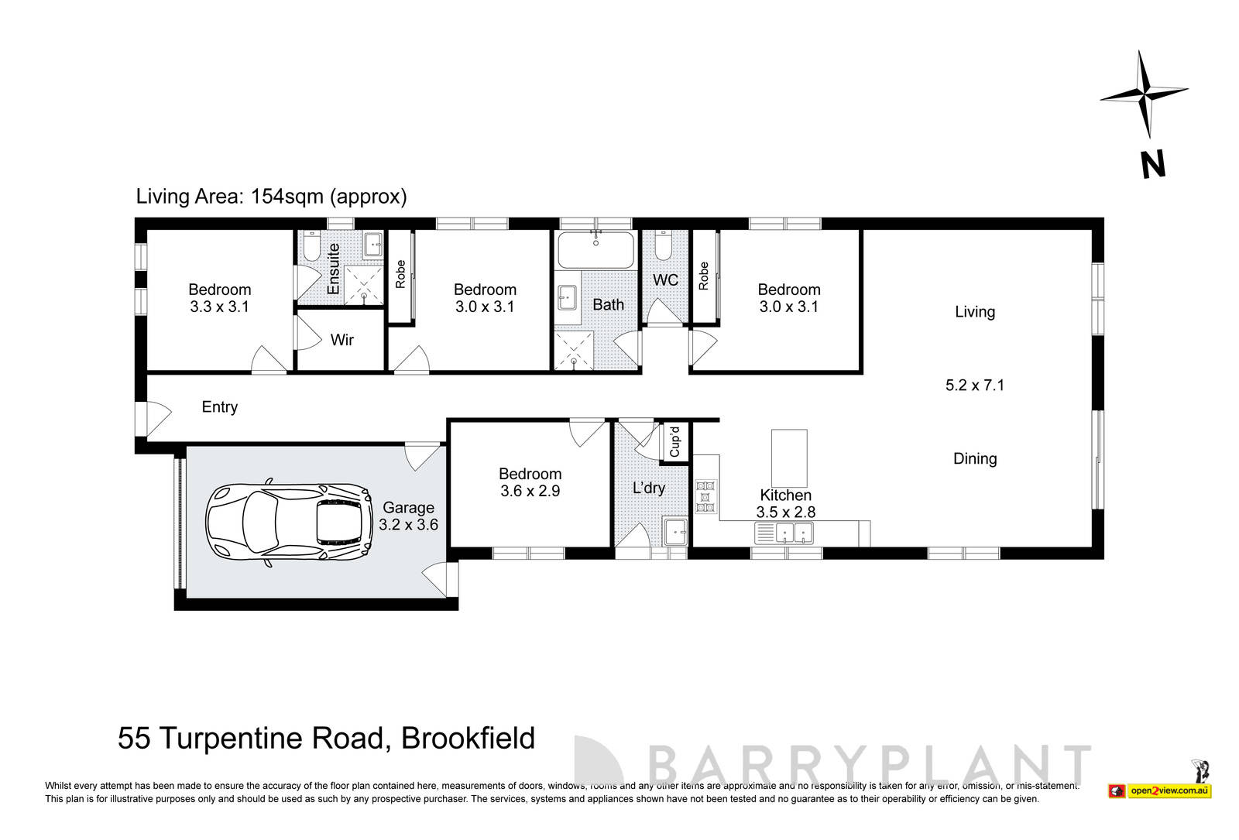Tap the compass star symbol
(x=1144, y=94)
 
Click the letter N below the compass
(x=1152, y=165)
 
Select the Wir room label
(x=341, y=340)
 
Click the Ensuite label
(x=334, y=269)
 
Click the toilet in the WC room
(x=663, y=246)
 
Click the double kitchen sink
(x=794, y=533)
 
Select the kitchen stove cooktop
(x=705, y=497)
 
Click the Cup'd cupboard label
(x=674, y=441)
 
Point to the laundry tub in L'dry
(x=675, y=532)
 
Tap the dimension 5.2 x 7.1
(x=974, y=385)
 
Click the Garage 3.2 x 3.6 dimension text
(x=408, y=524)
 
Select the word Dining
(x=974, y=458)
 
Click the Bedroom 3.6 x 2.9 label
(x=530, y=482)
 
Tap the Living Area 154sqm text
(x=271, y=196)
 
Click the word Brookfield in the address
(x=468, y=738)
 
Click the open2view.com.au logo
(x=1169, y=790)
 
